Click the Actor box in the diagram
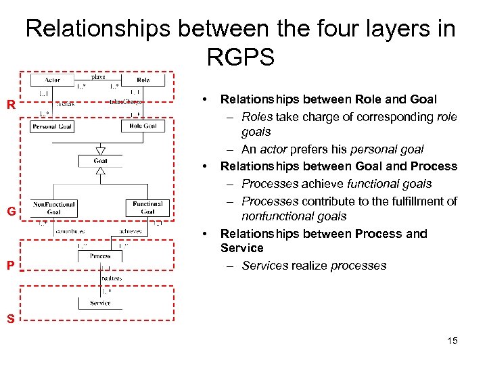[53, 80]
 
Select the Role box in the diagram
[143, 80]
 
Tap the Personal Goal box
[52, 126]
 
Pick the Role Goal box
[143, 126]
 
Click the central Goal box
[100, 161]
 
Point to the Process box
[100, 256]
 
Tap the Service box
[100, 303]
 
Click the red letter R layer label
[11, 105]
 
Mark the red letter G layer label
[11, 212]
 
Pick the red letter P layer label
[11, 265]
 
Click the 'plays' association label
[98, 76]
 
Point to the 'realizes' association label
[112, 278]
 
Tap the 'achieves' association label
[131, 231]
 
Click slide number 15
[452, 341]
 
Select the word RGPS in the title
[241, 57]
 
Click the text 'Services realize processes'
[314, 266]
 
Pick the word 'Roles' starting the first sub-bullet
[256, 117]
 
